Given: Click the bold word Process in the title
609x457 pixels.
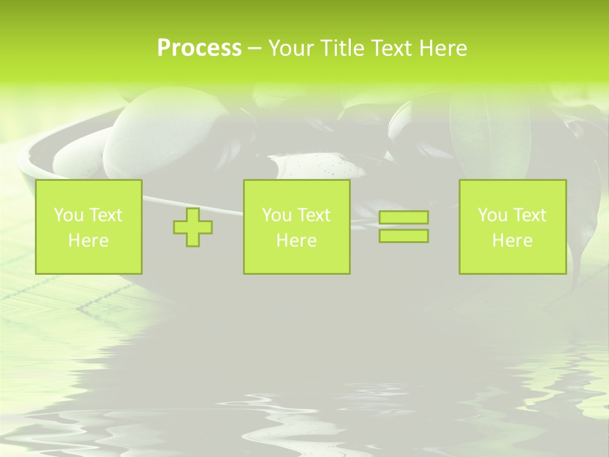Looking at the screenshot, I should pos(199,48).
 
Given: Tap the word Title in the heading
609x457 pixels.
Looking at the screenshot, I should pos(343,48).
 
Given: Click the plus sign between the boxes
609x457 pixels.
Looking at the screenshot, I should pos(193,227).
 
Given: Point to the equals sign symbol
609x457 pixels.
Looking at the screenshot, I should pos(403,227).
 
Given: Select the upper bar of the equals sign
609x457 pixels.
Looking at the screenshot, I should pos(403,218).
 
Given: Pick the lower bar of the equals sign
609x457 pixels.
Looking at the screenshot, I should pos(403,235).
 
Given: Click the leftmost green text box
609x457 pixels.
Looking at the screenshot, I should pos(88,227).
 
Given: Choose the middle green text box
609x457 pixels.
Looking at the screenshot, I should pos(296,227).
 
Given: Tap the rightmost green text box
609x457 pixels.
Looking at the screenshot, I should pos(512,227).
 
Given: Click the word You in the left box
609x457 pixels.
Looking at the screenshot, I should pos(69,215).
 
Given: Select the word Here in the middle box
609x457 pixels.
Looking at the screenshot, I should pos(296,241).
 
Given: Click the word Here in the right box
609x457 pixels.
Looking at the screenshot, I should pos(512,241).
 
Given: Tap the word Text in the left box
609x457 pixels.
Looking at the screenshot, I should pos(105,215).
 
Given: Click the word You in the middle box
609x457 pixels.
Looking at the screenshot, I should pos(277,215).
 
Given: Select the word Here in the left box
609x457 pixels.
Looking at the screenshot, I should pos(88,241).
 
